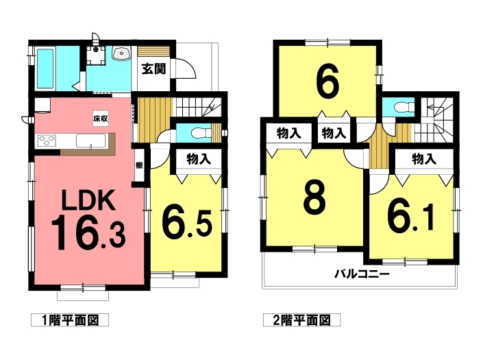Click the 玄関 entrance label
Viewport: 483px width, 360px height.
point(153,69)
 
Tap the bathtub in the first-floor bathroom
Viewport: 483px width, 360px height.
point(45,68)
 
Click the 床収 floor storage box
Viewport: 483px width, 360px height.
point(101,119)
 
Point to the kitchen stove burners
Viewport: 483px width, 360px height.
point(47,141)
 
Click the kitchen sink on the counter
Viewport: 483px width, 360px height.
point(91,141)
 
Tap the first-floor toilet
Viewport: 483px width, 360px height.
point(201,133)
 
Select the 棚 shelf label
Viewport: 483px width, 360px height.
point(139,165)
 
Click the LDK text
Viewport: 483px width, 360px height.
point(88,200)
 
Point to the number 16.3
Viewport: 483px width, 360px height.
point(88,232)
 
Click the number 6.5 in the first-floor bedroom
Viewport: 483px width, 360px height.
point(187,224)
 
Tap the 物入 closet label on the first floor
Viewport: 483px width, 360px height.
point(199,160)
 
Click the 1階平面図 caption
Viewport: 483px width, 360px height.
point(70,320)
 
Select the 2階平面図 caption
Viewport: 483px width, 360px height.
point(302,320)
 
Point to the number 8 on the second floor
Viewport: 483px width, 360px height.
point(314,197)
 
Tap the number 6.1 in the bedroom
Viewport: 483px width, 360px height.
point(411,217)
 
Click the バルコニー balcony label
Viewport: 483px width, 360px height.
point(362,274)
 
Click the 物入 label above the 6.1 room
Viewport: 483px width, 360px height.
point(424,159)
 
